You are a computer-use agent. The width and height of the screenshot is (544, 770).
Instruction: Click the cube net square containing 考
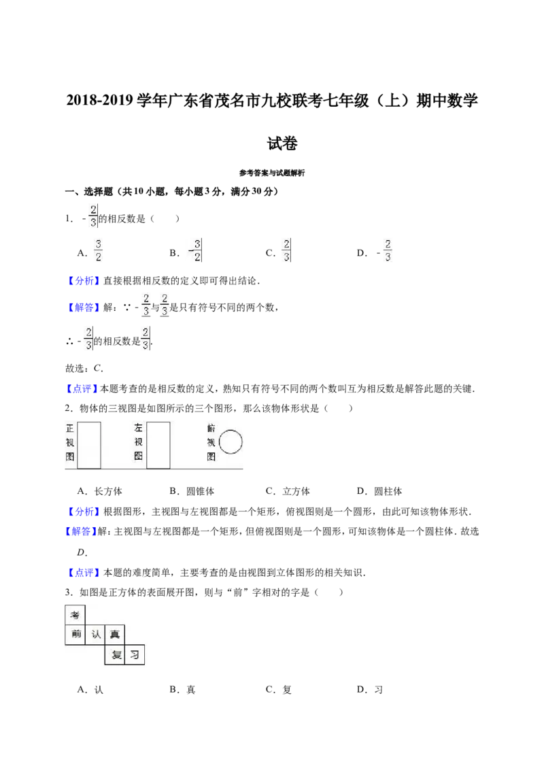click(75, 615)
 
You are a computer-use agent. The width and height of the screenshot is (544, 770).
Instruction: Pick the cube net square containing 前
click(75, 635)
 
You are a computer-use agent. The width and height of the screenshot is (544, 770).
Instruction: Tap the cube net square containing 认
click(95, 635)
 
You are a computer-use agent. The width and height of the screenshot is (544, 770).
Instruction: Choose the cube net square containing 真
click(115, 635)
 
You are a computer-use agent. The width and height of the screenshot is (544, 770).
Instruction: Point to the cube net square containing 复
click(115, 654)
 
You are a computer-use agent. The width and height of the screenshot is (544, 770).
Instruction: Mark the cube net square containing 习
click(135, 654)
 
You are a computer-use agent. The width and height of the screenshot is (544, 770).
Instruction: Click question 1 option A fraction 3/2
click(98, 250)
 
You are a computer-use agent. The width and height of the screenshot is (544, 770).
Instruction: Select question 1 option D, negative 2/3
click(384, 250)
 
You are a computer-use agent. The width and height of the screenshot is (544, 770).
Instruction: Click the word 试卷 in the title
click(282, 144)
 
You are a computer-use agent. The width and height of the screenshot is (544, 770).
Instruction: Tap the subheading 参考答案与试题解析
click(272, 173)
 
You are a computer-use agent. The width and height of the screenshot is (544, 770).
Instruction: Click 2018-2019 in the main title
click(100, 100)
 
